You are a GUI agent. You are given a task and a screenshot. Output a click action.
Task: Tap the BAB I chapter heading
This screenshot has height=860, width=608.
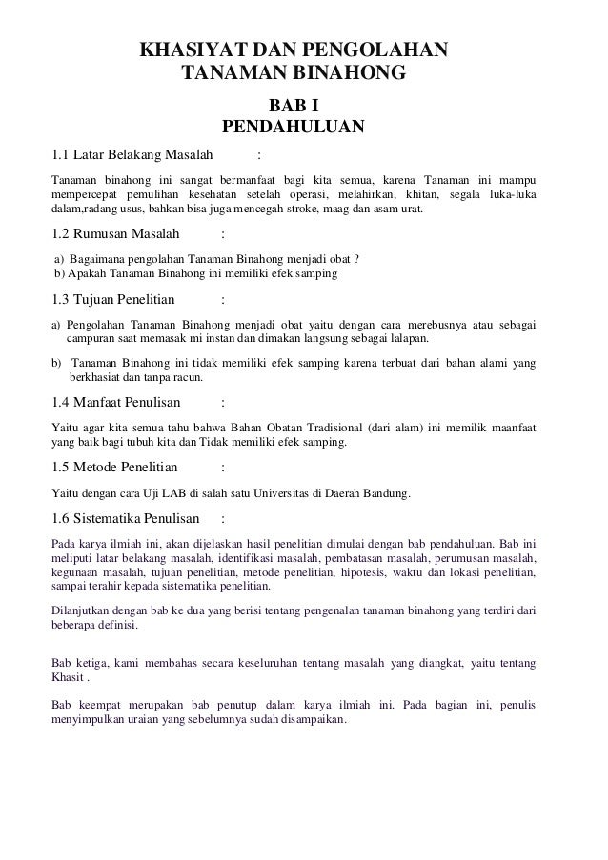(294, 105)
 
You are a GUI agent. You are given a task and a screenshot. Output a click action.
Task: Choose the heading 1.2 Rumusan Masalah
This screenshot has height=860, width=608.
(111, 235)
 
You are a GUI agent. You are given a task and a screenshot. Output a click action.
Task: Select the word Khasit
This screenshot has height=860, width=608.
(68, 677)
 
